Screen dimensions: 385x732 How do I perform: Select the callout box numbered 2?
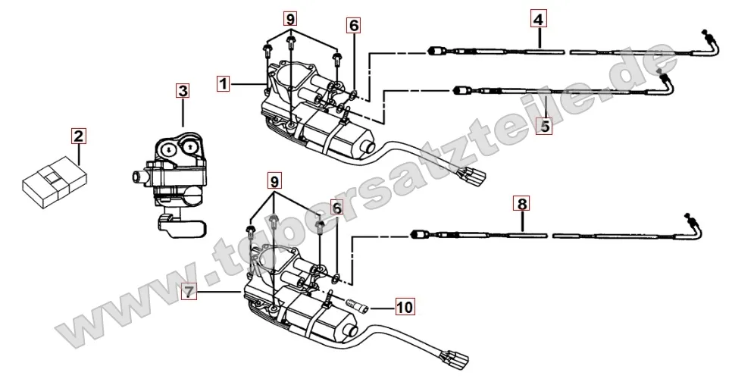click(78, 137)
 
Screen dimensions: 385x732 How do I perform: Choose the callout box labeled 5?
click(543, 126)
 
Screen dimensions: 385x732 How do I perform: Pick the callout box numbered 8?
click(521, 203)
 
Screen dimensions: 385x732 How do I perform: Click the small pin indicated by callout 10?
click(358, 308)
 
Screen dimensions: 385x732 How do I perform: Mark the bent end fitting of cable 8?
click(695, 224)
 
